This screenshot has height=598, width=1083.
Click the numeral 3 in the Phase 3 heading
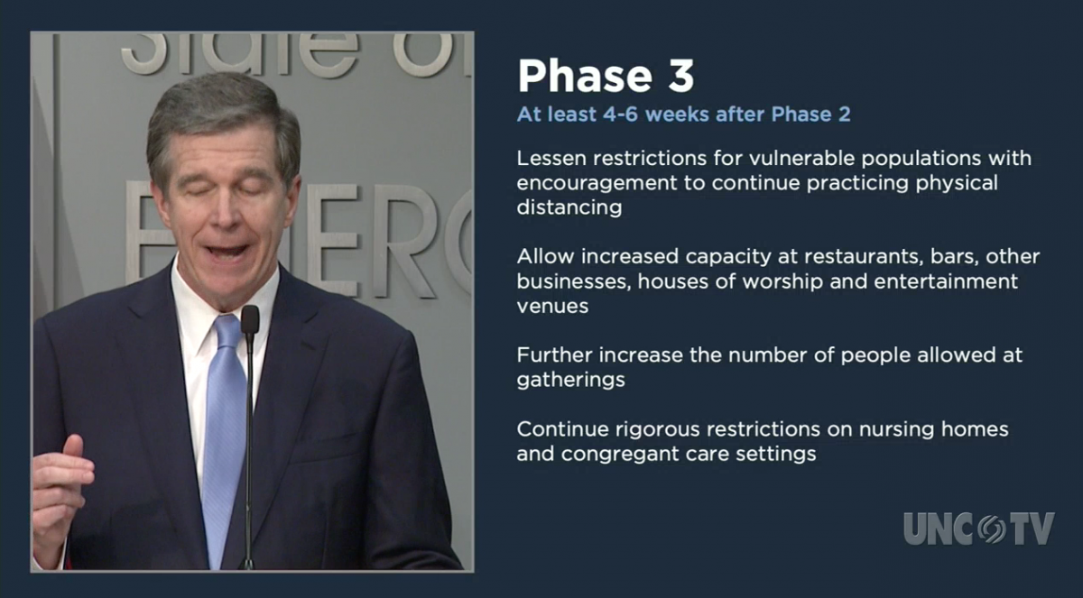680,76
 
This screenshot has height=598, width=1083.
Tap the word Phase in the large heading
585,76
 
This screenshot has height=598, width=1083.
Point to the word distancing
569,207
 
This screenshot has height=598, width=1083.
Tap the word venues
552,307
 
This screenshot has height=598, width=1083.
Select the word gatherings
570,380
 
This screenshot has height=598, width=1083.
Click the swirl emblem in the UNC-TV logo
991,529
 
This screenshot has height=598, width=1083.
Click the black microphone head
250,319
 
